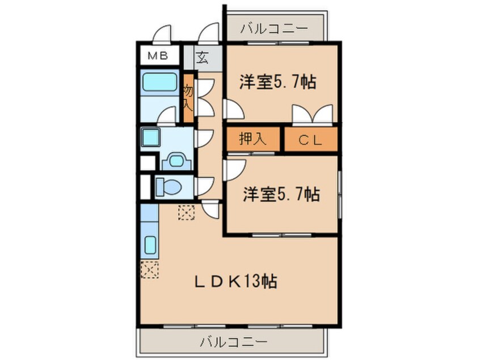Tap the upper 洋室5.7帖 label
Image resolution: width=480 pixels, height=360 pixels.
[277, 82]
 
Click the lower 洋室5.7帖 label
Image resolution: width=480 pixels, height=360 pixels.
[280, 195]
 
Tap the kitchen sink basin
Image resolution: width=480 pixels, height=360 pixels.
[150, 245]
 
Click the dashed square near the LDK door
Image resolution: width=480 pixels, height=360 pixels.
[186, 212]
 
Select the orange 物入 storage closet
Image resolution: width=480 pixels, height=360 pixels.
[188, 98]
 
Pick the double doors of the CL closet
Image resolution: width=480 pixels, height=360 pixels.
[312, 115]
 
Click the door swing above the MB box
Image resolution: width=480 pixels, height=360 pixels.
[163, 34]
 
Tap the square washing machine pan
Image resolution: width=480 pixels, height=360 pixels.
[151, 137]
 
